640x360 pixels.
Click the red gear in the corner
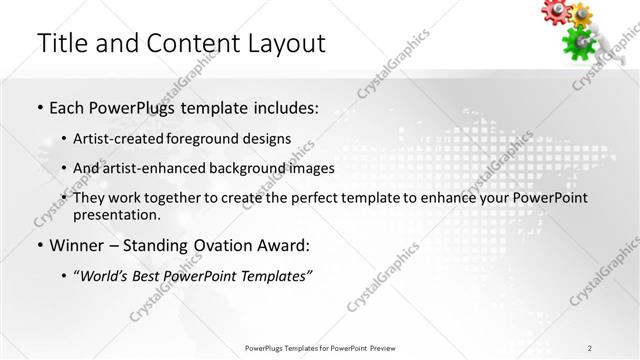pyautogui.click(x=553, y=11)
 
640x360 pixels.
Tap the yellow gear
pyautogui.click(x=579, y=14)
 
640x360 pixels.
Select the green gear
pyautogui.click(x=575, y=42)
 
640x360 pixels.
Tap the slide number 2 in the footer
pyautogui.click(x=590, y=347)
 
